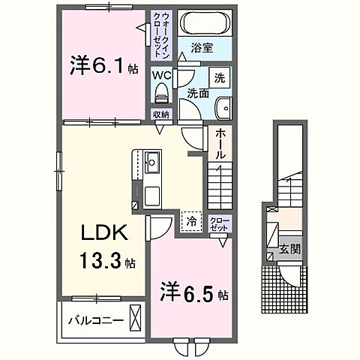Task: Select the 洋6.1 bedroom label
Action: click(x=103, y=67)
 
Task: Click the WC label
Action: click(x=163, y=76)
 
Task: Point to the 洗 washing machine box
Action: click(x=219, y=78)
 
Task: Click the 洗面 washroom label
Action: click(x=198, y=94)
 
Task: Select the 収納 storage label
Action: click(x=160, y=114)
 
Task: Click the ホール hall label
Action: click(x=220, y=143)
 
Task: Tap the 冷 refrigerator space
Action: click(x=190, y=221)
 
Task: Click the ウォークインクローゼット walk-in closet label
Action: click(x=164, y=35)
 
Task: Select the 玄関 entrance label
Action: click(x=289, y=248)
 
